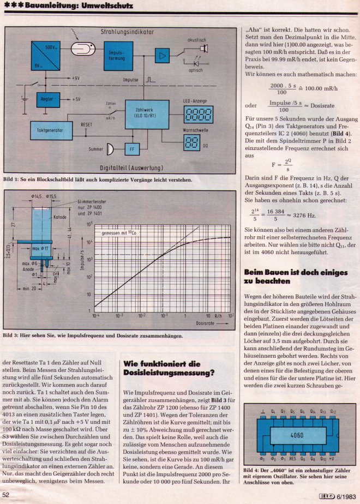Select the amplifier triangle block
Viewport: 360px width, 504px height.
[161, 56]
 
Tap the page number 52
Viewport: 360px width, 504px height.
[7, 495]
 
